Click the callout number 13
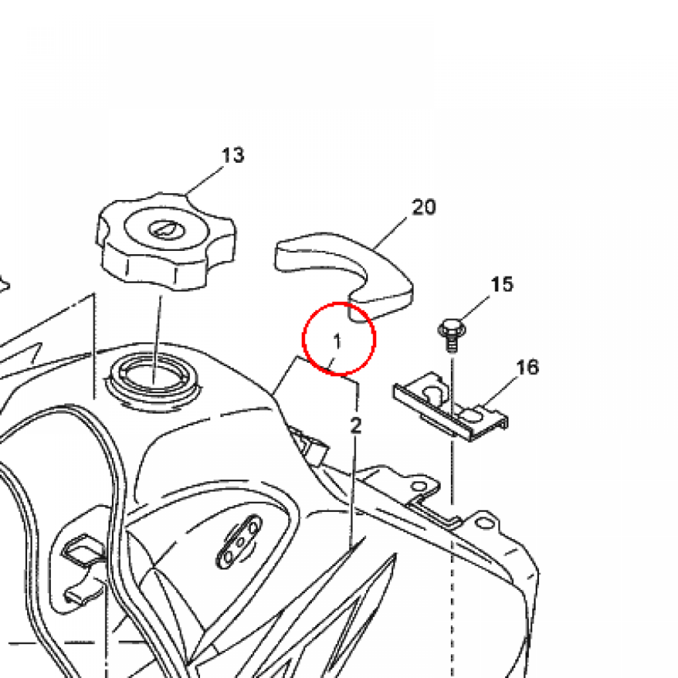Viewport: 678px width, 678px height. [232, 155]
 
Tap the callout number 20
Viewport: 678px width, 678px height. [424, 207]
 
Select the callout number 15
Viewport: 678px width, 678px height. [502, 285]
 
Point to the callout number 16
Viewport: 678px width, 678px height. [528, 367]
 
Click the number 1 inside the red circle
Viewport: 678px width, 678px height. [337, 342]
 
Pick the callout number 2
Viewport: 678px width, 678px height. [356, 426]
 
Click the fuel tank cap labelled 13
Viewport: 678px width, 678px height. [166, 242]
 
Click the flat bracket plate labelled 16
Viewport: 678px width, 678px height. [450, 407]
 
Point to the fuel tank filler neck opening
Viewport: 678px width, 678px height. [154, 375]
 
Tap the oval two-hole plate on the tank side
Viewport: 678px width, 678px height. [239, 542]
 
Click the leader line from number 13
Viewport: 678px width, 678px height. [204, 180]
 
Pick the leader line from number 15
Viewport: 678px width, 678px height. [475, 309]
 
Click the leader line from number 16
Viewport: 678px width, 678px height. [501, 392]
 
